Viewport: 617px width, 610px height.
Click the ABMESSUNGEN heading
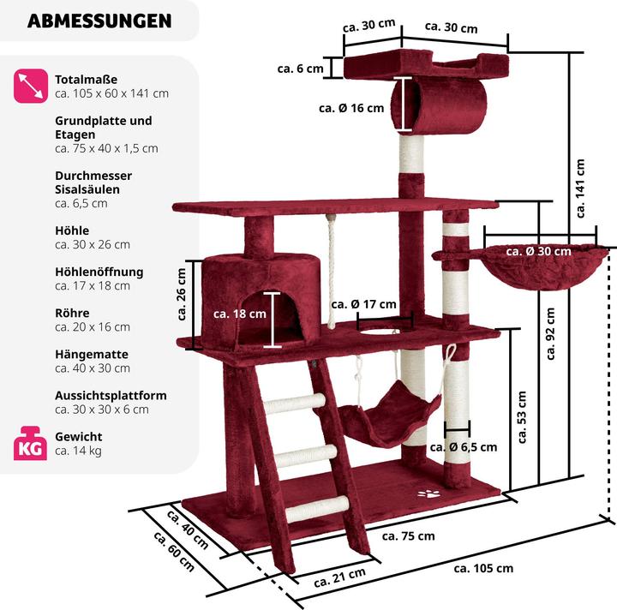click(99, 21)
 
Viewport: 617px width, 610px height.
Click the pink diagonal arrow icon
click(29, 85)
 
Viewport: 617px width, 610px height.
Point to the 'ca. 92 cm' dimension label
click(551, 334)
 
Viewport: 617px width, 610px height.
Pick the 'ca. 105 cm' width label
click(483, 567)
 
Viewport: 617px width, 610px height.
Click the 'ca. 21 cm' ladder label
click(339, 577)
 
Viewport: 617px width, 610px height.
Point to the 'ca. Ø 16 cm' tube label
click(351, 108)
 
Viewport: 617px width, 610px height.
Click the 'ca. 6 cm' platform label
click(301, 68)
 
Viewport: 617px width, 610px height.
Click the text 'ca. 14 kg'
click(78, 451)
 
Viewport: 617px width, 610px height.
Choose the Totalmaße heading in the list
click(86, 79)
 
